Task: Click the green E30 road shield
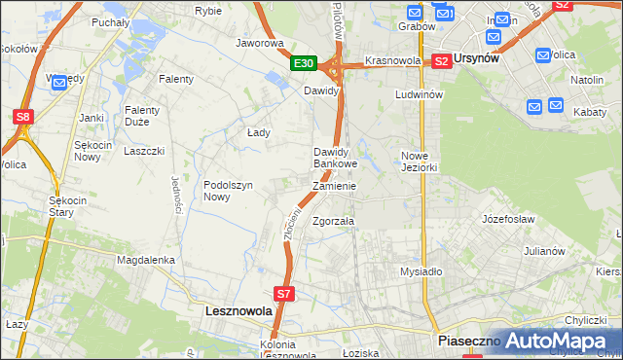305,63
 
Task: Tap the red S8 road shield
23,117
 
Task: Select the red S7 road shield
283,292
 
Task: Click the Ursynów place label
478,58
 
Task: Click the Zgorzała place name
333,221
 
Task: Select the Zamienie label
334,186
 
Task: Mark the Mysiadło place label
421,271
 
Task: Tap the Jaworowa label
260,43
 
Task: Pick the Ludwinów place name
420,95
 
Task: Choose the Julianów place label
544,251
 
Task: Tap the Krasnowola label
392,60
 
